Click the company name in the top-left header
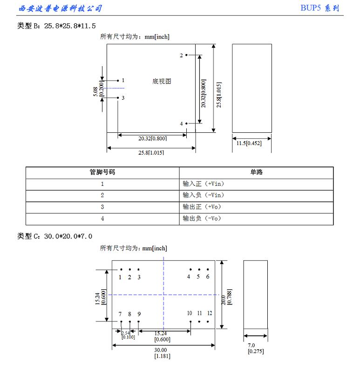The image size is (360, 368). [60, 8]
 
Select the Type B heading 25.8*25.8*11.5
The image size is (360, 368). [56, 26]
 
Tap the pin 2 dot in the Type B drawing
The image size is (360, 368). [186, 55]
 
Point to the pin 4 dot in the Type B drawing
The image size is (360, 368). [186, 123]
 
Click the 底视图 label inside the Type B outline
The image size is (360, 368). [162, 81]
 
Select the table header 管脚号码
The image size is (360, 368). [102, 172]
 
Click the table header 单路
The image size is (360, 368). [256, 172]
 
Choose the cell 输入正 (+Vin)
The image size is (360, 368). [204, 184]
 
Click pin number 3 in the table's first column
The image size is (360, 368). [102, 207]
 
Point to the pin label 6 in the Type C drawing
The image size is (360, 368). [208, 277]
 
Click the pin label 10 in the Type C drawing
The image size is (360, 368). [190, 313]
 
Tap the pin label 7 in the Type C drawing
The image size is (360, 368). [120, 313]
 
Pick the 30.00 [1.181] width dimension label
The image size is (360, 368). [162, 353]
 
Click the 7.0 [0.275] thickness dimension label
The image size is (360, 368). [255, 348]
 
